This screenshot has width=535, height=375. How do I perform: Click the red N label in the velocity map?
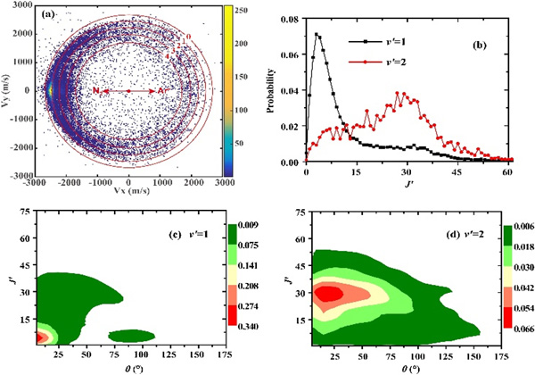pos(95,91)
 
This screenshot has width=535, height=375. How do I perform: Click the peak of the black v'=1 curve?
pos(317,35)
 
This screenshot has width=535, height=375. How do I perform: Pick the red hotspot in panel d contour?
pos(330,292)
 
